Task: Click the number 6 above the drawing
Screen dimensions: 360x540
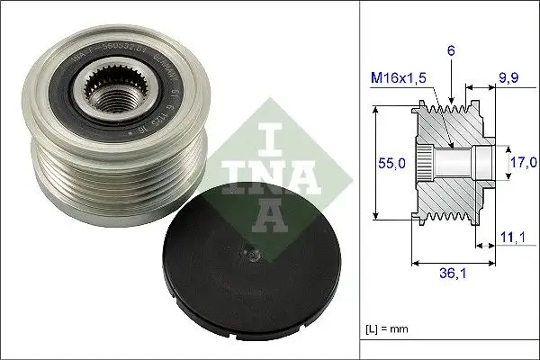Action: pos(452,51)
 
